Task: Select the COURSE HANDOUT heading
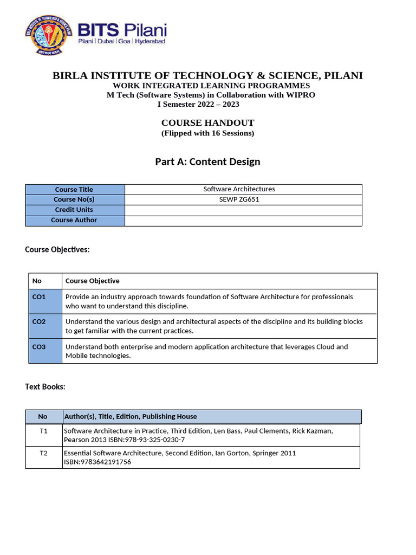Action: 207,123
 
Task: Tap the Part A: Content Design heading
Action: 207,162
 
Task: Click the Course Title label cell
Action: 74,189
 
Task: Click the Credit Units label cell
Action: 74,210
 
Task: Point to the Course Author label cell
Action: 74,220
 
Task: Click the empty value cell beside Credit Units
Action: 243,210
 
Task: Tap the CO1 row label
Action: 39,296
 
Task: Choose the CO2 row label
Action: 39,321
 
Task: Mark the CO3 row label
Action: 39,346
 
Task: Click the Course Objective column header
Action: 93,281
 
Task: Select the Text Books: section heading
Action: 45,386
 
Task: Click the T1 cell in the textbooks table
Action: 44,431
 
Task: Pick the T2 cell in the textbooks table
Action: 44,453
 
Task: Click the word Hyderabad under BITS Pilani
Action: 150,41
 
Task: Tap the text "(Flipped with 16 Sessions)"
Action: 207,133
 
